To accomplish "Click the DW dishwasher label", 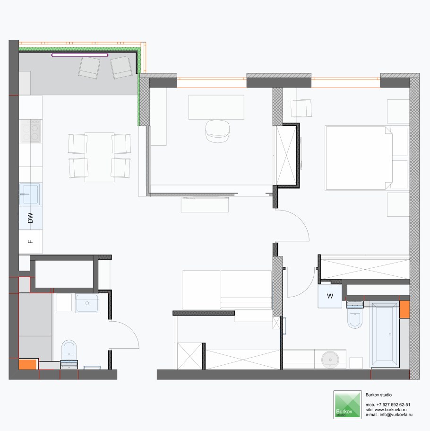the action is (30, 218).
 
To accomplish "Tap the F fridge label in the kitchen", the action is (30, 242).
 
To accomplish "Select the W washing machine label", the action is (330, 296).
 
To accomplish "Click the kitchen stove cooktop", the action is (31, 131).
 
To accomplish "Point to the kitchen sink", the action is (29, 194).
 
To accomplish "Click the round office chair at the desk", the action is (217, 131).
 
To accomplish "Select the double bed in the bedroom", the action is (359, 158).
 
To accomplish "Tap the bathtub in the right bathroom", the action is (384, 334).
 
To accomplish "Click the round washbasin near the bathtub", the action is (330, 359).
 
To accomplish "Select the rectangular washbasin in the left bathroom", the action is (87, 303).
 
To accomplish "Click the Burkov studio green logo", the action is (347, 405).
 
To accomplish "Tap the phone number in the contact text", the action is (393, 405).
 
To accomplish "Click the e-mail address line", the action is (389, 414).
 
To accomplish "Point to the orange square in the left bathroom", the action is (27, 364).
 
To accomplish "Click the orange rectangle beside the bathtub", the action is (404, 309).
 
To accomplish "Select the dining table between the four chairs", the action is (99, 157).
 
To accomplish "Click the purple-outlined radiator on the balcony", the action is (80, 55).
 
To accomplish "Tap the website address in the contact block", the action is (386, 410).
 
